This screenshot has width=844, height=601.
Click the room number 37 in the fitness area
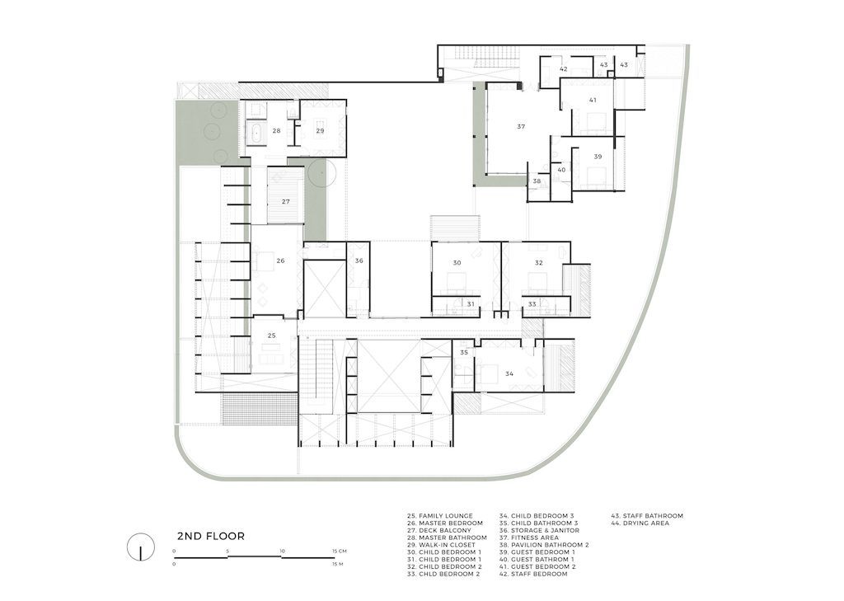[x=521, y=127]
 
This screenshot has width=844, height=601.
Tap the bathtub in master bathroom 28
[x=256, y=131]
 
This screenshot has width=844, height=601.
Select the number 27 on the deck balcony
[x=286, y=201]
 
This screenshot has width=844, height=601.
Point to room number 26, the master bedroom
[x=280, y=261]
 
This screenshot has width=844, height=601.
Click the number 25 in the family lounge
[x=272, y=336]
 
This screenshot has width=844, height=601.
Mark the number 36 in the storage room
[x=359, y=261]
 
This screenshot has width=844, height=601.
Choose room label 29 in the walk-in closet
[x=321, y=131]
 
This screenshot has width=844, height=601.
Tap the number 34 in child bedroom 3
[x=509, y=373]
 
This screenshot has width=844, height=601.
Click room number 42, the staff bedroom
[x=564, y=69]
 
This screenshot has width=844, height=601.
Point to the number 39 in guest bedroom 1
[x=598, y=157]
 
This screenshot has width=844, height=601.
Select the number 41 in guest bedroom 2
[x=593, y=101]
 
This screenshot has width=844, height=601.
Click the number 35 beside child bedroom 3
[x=464, y=353]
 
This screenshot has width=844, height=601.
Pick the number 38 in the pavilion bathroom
[x=537, y=181]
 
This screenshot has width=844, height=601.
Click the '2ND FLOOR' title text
[x=211, y=537]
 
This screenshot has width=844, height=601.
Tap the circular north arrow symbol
[x=140, y=547]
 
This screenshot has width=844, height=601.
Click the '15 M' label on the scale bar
[x=338, y=564]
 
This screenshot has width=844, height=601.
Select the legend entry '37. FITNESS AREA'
[x=529, y=538]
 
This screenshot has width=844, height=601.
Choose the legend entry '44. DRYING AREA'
[x=640, y=523]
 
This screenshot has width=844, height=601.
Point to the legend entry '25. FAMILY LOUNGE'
[x=440, y=516]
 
